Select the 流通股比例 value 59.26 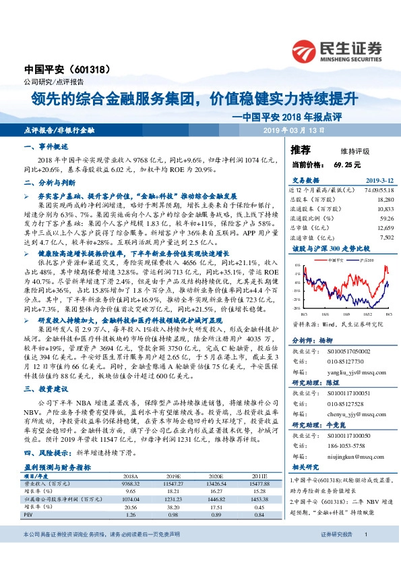(x=385, y=219)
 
